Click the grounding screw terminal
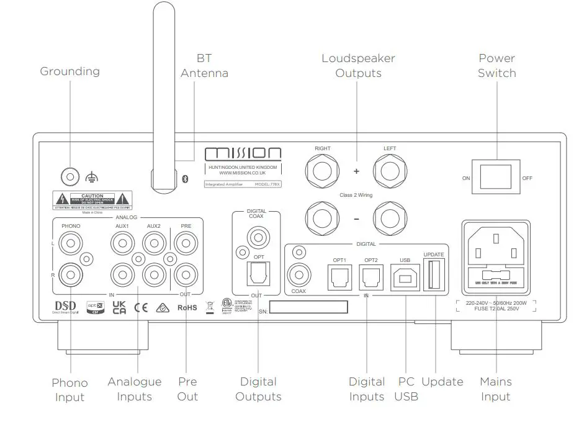70,177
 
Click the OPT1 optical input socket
339,276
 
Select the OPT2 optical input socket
371,276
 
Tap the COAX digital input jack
299,274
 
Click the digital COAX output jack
256,236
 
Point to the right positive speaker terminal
322,170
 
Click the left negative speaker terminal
390,219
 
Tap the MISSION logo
243,153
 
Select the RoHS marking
187,307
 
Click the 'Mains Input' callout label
495,389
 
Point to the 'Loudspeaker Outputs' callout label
358,66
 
